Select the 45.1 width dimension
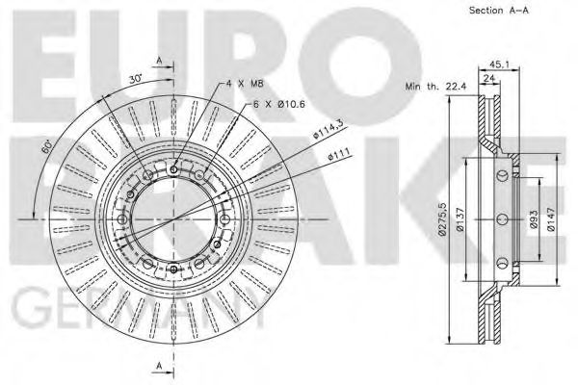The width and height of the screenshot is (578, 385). pyautogui.click(x=498, y=66)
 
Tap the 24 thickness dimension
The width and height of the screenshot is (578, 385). pyautogui.click(x=489, y=79)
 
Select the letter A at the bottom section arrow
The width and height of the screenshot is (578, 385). pyautogui.click(x=157, y=365)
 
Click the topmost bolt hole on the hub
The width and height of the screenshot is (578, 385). pyautogui.click(x=173, y=170)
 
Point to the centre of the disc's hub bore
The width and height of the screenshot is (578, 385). pyautogui.click(x=173, y=219)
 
